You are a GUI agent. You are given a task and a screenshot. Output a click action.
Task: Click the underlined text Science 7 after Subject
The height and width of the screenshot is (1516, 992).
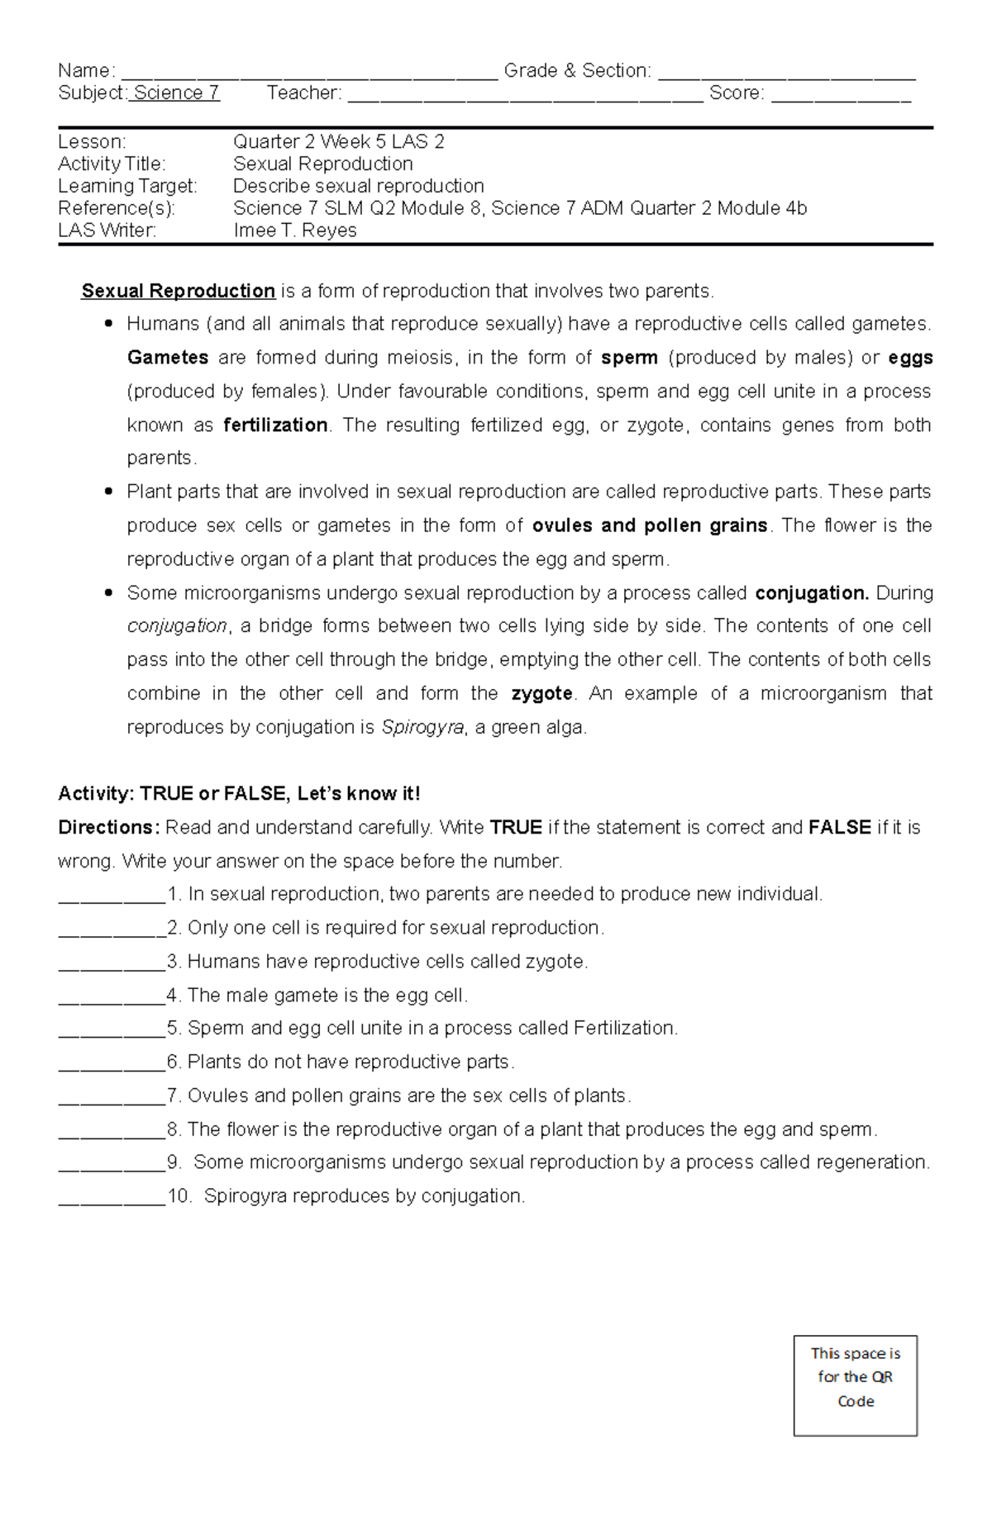point(176,93)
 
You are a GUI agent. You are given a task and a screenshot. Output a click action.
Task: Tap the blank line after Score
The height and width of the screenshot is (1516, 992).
point(841,96)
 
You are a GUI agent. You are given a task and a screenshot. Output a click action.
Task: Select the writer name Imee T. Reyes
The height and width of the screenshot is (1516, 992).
point(295,230)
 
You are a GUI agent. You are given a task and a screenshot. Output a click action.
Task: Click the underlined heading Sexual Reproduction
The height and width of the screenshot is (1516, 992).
point(179,291)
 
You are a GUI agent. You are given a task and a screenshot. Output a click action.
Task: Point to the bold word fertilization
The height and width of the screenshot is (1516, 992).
point(275,425)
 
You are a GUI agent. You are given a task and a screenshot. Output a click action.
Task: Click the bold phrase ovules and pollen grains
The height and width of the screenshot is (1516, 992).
point(650,525)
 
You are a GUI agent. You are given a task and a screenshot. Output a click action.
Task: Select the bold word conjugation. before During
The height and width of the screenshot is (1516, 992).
point(812,593)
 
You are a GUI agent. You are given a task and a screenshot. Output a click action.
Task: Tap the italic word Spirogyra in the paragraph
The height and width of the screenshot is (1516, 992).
point(422,728)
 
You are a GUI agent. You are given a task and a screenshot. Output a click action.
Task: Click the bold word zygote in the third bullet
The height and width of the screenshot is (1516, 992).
point(541,694)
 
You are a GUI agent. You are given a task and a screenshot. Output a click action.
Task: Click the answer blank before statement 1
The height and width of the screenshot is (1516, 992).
point(112,898)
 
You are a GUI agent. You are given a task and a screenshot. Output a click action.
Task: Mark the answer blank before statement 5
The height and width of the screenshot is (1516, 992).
point(112,1032)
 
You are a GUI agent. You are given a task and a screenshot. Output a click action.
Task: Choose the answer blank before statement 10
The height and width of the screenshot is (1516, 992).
point(112,1200)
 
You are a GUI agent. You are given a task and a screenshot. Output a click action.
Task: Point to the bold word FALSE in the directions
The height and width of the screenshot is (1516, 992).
point(840,828)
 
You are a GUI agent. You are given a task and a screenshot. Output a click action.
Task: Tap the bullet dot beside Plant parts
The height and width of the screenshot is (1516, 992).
point(108,492)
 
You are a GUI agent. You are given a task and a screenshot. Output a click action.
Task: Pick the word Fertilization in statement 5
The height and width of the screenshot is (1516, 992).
point(624,1029)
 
